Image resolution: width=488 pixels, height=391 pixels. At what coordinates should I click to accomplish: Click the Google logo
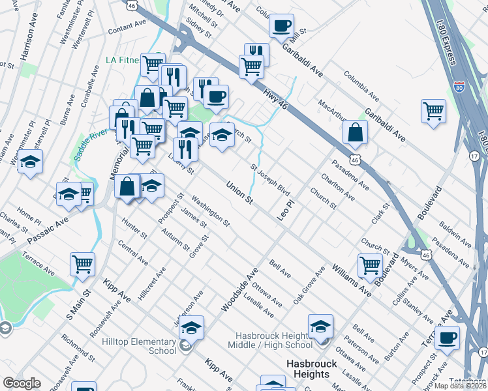coord(22,383)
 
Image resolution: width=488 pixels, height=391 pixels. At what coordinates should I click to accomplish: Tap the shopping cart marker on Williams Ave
coord(370,265)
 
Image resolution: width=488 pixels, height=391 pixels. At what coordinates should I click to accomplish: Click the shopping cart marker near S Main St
coord(82,263)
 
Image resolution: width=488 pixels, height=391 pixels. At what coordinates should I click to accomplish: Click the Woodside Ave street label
coord(239,288)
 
